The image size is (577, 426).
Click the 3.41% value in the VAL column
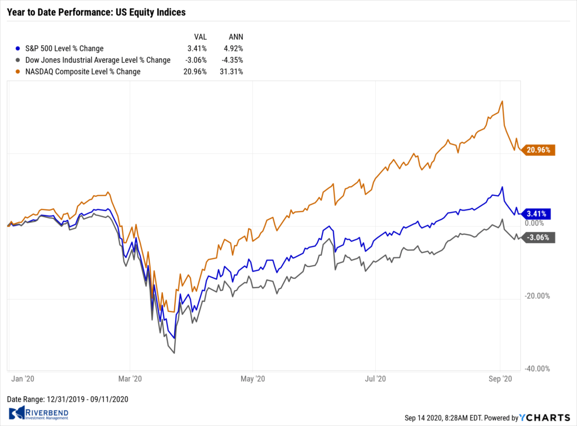[197, 49]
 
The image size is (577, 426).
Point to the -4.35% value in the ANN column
[232, 60]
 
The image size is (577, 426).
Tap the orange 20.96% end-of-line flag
[539, 150]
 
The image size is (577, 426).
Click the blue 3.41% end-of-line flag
[537, 214]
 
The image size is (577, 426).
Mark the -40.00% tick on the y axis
[538, 369]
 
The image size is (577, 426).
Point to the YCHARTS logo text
[543, 418]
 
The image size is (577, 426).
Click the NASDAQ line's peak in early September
[501, 102]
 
